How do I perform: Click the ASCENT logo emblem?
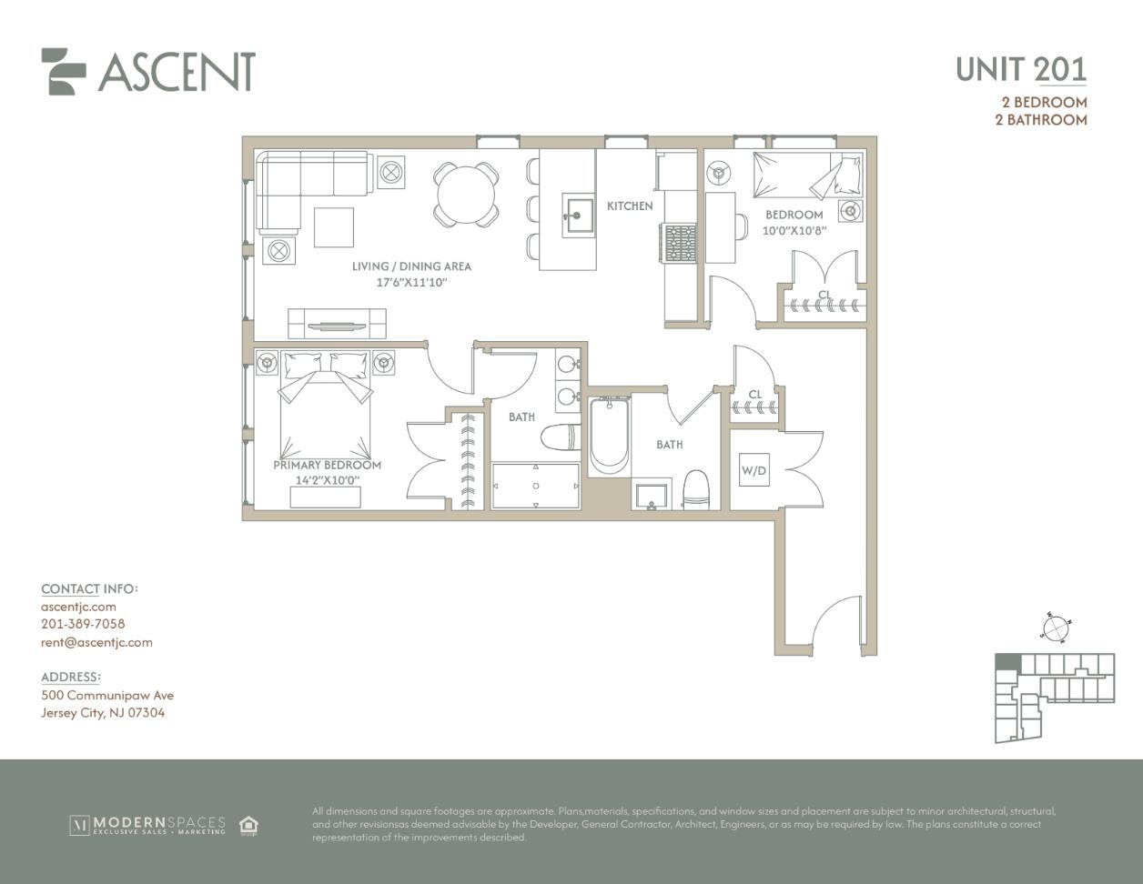[63, 72]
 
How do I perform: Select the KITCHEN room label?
[630, 206]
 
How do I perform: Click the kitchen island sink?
[578, 215]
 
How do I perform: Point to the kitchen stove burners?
[681, 243]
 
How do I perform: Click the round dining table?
[467, 195]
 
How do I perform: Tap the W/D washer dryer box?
[754, 470]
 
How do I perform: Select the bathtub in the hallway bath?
[609, 436]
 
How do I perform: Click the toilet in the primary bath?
[561, 437]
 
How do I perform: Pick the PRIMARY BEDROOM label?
[328, 465]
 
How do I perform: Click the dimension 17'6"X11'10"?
[411, 282]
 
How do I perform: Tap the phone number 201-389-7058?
[83, 624]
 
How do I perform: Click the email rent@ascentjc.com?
[96, 642]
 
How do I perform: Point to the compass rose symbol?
[1056, 628]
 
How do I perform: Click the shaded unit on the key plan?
[1007, 662]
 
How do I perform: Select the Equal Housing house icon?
[248, 825]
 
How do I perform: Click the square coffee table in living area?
[334, 227]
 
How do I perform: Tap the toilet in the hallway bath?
[696, 490]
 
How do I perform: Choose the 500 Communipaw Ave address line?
[107, 696]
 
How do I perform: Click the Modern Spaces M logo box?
[79, 826]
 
